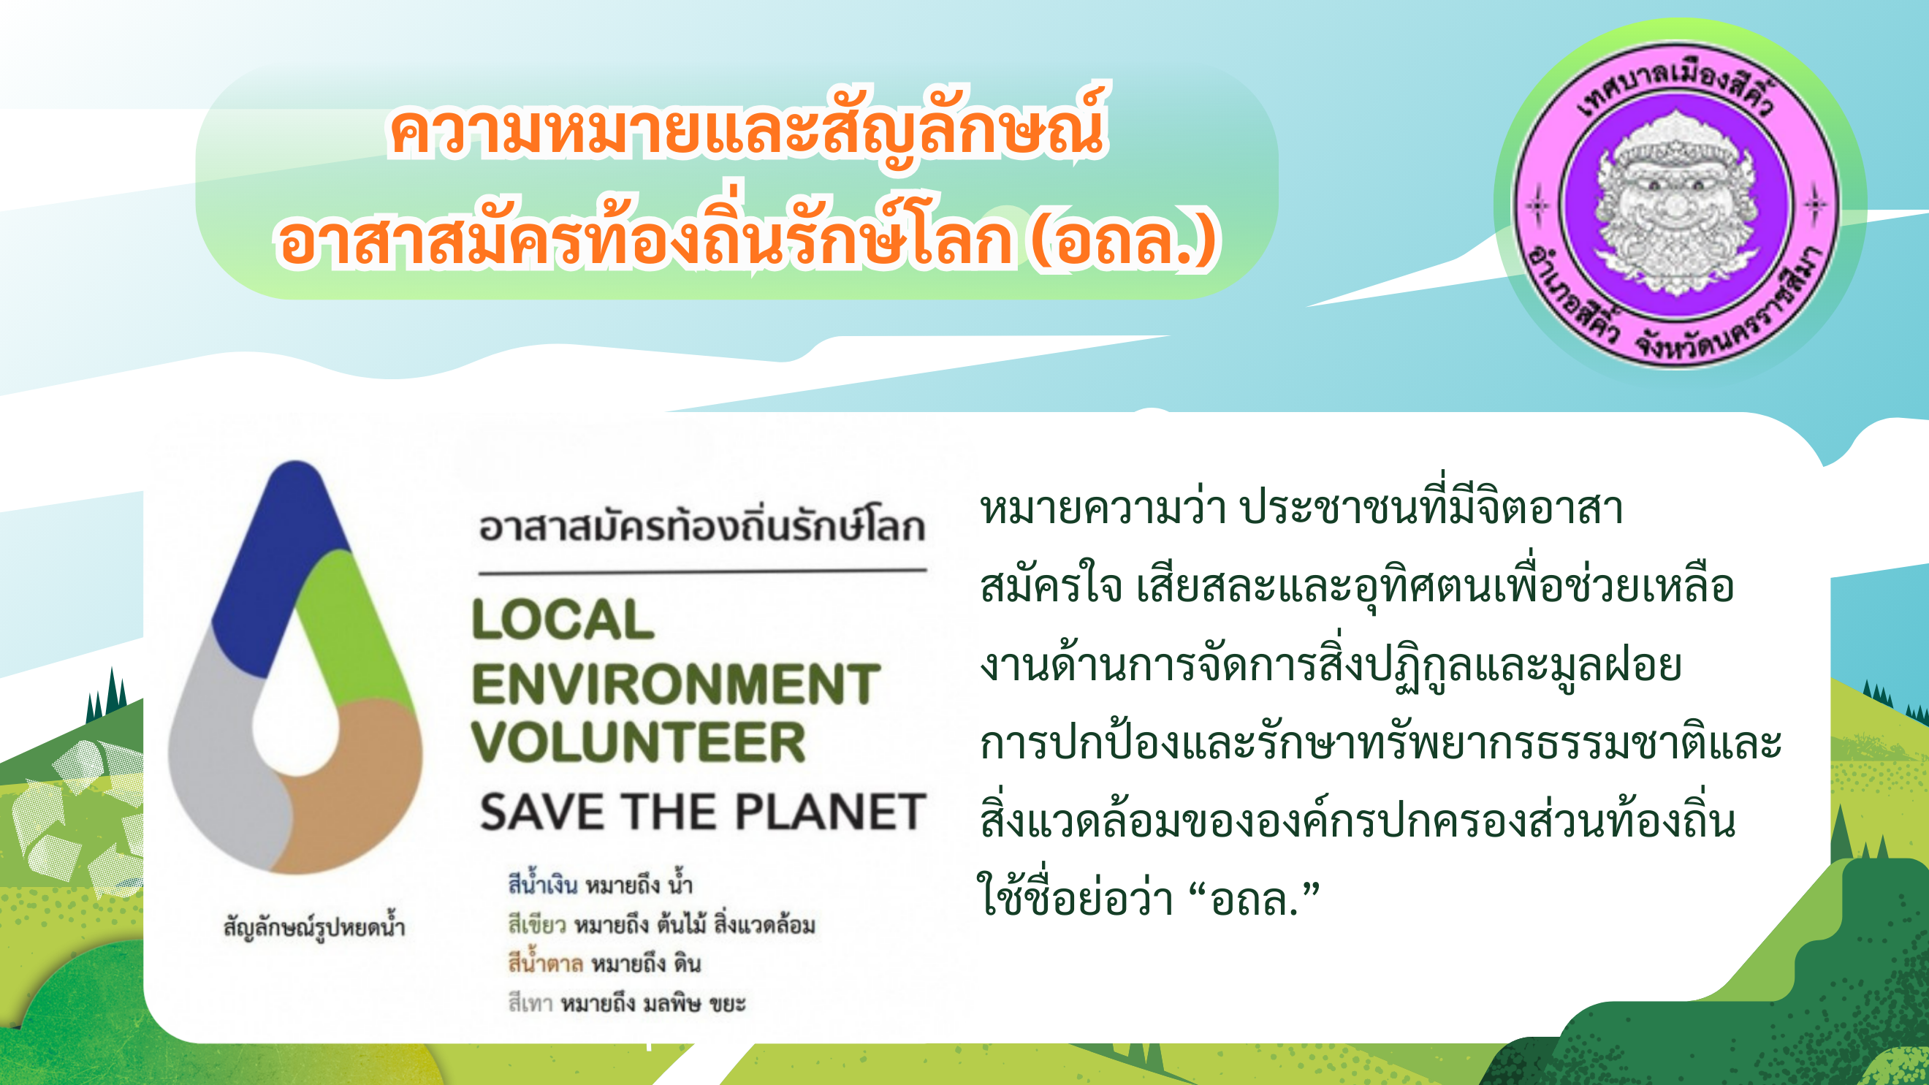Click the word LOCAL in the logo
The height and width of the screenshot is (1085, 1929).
point(563,620)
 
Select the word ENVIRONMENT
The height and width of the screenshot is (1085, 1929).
point(675,684)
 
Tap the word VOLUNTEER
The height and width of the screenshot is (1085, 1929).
point(638,742)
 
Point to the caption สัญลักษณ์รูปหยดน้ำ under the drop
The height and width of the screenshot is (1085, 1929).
point(314,927)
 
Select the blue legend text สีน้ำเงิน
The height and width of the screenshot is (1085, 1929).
point(542,883)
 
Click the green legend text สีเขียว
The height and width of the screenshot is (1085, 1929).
point(536,925)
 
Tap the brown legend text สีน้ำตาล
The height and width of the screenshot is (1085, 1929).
point(545,962)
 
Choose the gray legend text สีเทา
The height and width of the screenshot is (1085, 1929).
point(530,1003)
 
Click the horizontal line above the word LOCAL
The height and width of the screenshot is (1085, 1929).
point(702,572)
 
